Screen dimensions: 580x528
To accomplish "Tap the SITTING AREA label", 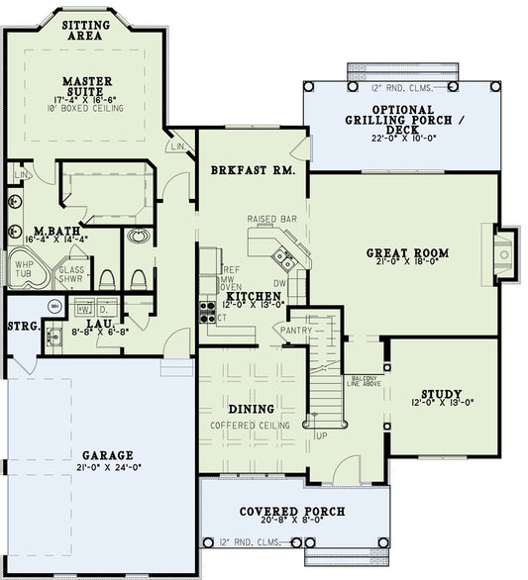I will tap(86, 30).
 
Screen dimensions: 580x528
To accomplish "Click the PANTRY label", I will tap(296, 331).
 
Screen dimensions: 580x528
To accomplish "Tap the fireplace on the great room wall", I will tap(504, 254).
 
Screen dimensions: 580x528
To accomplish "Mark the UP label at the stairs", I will tap(320, 435).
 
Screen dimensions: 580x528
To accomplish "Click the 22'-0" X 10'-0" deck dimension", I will tap(402, 140).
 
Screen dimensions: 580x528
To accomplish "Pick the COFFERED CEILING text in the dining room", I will tap(250, 426).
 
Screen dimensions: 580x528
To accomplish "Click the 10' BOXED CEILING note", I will tap(87, 110).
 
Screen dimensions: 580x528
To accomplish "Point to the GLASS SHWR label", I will tap(72, 273).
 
